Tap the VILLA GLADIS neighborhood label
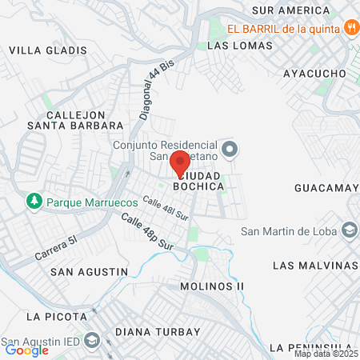point(47,50)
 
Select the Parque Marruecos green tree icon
point(34,202)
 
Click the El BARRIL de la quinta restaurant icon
point(351,28)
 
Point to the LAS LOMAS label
point(239,46)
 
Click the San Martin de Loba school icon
point(349,231)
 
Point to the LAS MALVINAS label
point(314,265)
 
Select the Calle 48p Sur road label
point(148,231)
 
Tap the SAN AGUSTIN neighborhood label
point(89,272)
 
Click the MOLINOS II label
point(212,286)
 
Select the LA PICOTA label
point(55,316)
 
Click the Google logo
point(26,350)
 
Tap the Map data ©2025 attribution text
point(326,354)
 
